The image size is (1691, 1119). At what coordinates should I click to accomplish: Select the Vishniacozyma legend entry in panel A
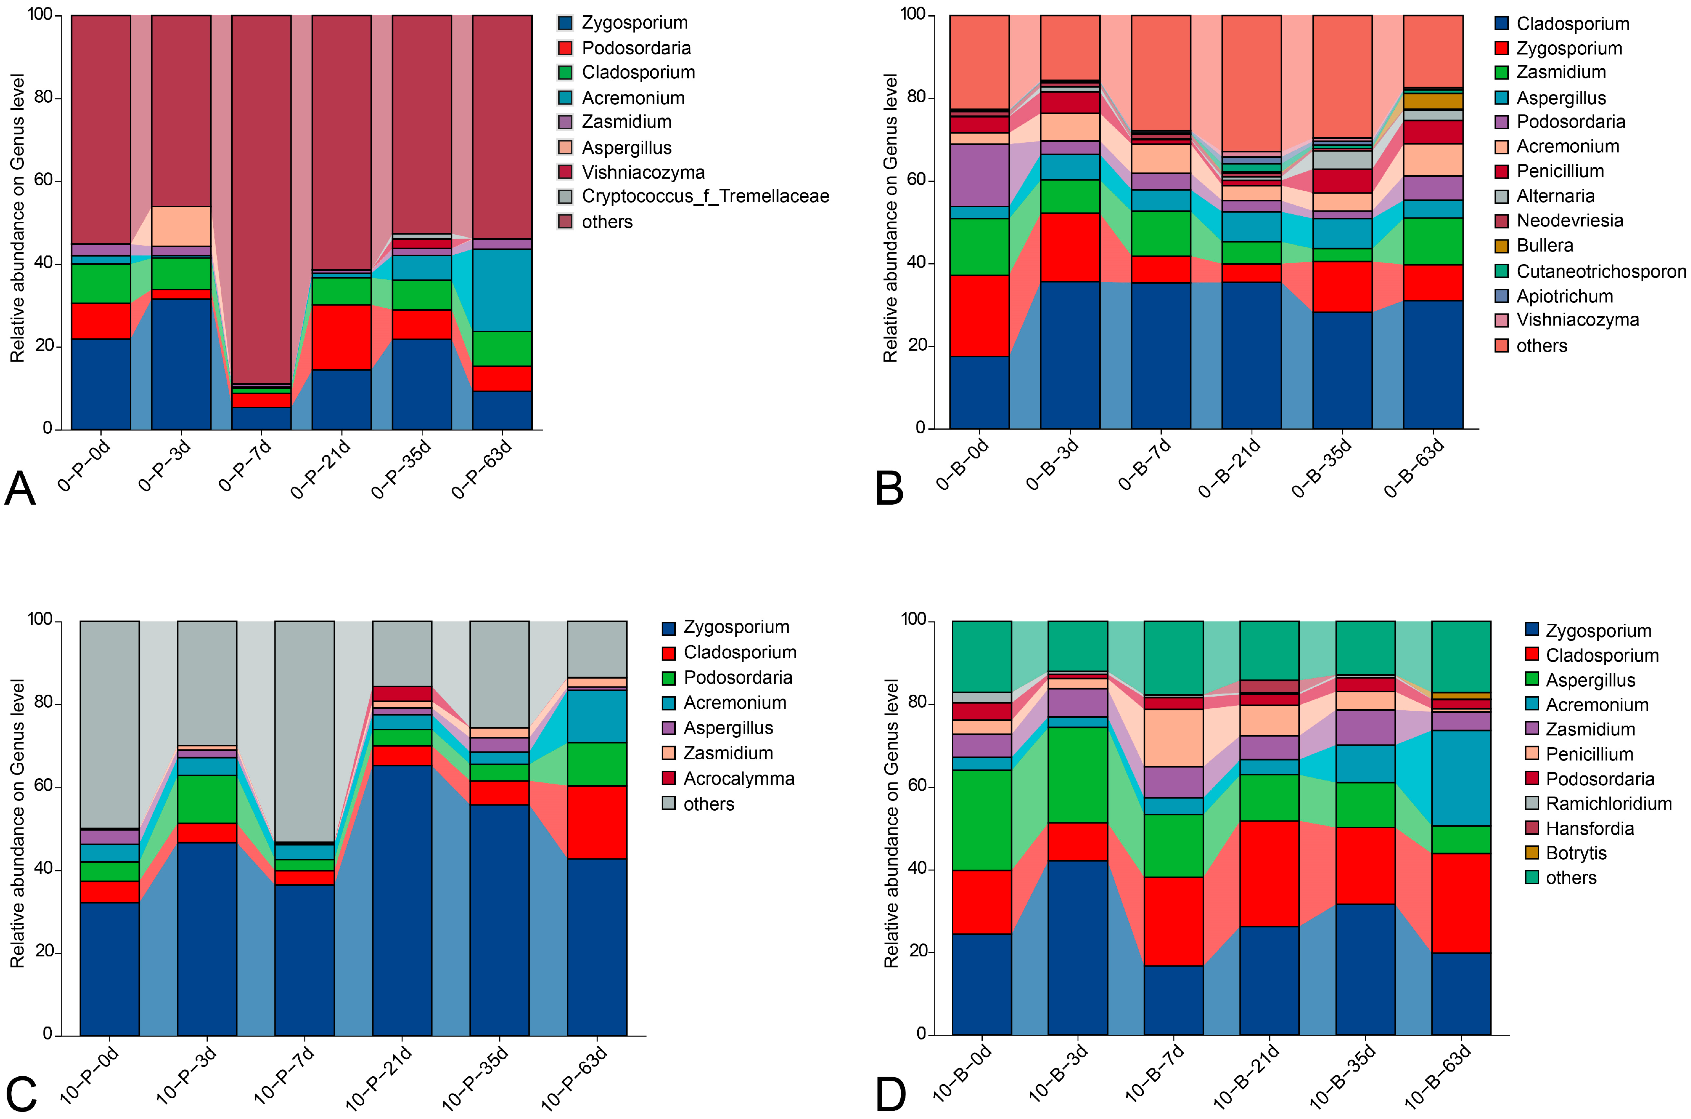tap(642, 172)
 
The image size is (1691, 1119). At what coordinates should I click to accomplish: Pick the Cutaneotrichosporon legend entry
tap(1600, 271)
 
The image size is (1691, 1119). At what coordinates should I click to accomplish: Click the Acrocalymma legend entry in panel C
tap(738, 779)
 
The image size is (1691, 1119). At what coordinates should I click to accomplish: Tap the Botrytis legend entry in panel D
tap(1575, 853)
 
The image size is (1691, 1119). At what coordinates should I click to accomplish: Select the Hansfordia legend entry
tap(1589, 829)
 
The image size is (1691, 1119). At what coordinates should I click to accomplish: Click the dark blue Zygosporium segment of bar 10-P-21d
tap(402, 899)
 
